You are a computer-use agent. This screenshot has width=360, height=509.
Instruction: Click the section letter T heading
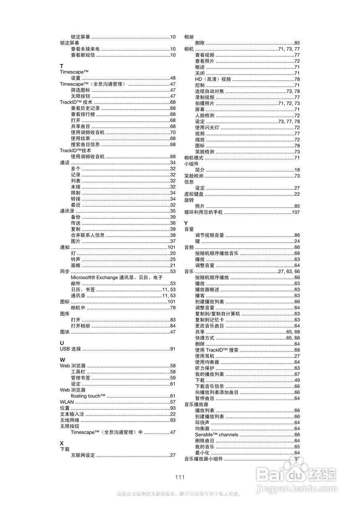click(61, 66)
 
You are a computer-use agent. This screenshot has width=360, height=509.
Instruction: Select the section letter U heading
click(62, 343)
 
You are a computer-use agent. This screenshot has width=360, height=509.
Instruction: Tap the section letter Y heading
click(186, 223)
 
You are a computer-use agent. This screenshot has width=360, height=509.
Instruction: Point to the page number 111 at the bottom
click(180, 477)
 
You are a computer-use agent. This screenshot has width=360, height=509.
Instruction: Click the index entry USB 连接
click(70, 349)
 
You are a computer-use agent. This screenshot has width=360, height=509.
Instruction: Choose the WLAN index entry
click(67, 402)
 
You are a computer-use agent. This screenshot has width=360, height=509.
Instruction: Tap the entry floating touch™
click(88, 396)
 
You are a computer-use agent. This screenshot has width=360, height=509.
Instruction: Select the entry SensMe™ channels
click(217, 435)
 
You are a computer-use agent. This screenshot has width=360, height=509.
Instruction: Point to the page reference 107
click(296, 212)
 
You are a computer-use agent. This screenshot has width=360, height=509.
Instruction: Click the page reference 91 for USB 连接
click(173, 349)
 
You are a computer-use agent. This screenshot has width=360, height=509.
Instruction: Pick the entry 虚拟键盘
click(194, 194)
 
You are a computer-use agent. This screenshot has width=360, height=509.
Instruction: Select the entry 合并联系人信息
click(88, 235)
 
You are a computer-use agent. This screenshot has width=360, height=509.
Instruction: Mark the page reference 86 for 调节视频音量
click(297, 235)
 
